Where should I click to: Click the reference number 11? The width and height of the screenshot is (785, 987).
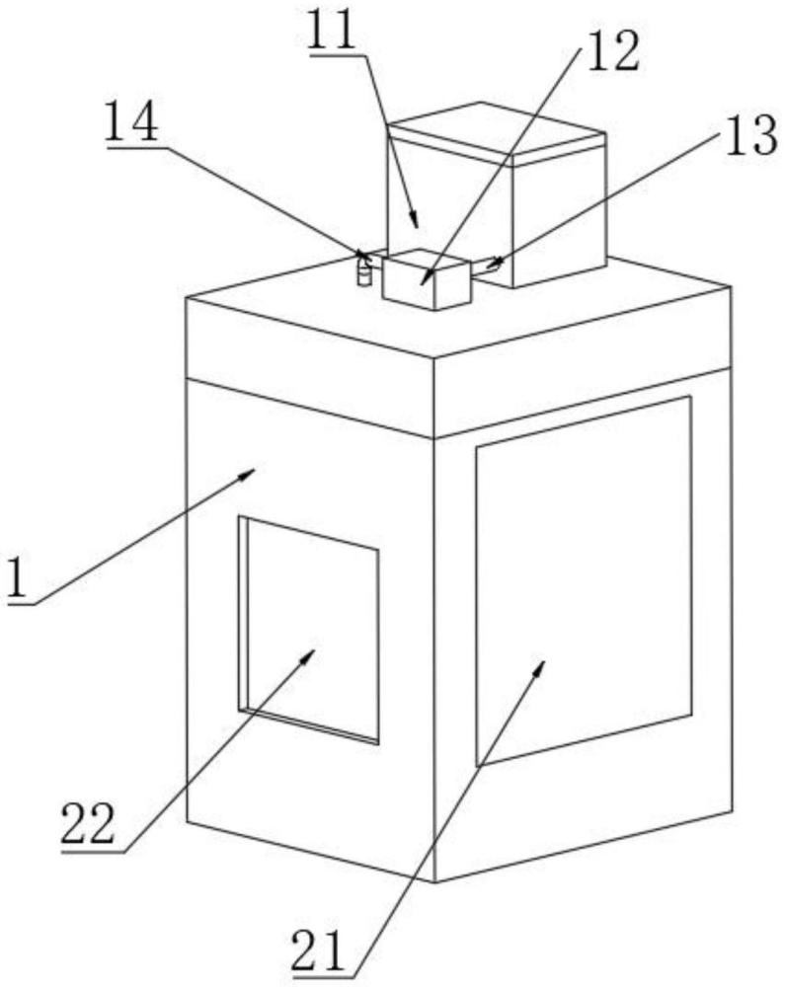pos(332,31)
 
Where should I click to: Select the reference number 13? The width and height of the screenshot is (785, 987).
pos(751,136)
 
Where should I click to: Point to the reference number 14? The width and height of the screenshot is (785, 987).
pos(132,122)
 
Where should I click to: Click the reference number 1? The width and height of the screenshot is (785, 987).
pos(18,577)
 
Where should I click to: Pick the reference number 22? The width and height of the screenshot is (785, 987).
pos(88,823)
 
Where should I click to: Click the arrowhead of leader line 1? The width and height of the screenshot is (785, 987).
pos(248,474)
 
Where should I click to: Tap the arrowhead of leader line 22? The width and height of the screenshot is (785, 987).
pos(307,657)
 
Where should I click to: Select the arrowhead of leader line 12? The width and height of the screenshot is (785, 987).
pos(427,277)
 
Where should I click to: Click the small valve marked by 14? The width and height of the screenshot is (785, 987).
pos(363,268)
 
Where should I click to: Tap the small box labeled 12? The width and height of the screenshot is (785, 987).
pos(427,279)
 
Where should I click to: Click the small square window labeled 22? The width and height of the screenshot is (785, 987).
pos(308,630)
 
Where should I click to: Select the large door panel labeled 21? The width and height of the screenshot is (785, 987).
pos(585,580)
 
